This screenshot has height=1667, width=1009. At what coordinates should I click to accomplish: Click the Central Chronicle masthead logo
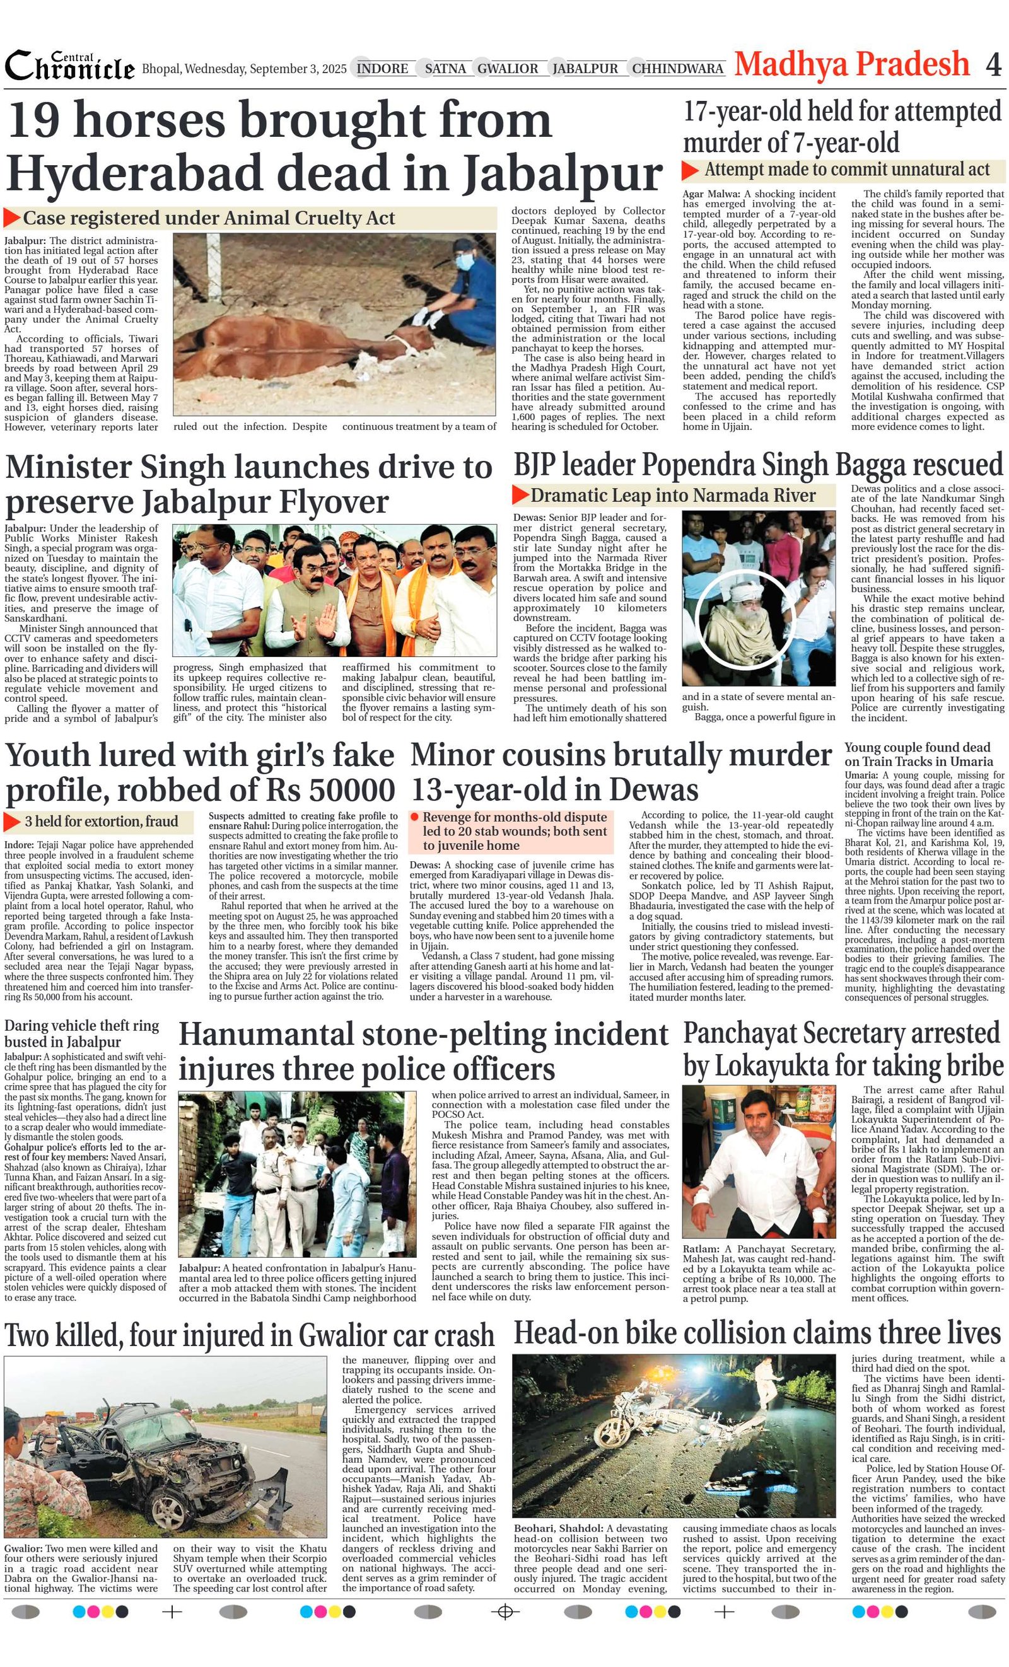click(x=70, y=66)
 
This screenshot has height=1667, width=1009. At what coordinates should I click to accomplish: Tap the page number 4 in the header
click(x=993, y=65)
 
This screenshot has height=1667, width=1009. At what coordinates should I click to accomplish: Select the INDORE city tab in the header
click(x=382, y=68)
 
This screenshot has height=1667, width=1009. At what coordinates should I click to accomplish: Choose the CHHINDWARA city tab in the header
click(x=677, y=68)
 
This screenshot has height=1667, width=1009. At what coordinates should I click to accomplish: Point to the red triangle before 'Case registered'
click(x=11, y=218)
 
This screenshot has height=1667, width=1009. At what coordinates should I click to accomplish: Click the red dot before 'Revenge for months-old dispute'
click(x=415, y=817)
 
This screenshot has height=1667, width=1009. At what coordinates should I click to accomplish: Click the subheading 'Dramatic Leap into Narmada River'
click(x=673, y=495)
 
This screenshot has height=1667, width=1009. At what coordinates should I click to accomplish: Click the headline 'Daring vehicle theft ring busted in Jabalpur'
click(x=81, y=1033)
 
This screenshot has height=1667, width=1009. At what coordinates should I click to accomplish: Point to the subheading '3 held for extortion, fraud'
click(x=101, y=822)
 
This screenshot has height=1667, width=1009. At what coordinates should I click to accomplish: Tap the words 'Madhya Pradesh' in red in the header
click(x=851, y=65)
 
